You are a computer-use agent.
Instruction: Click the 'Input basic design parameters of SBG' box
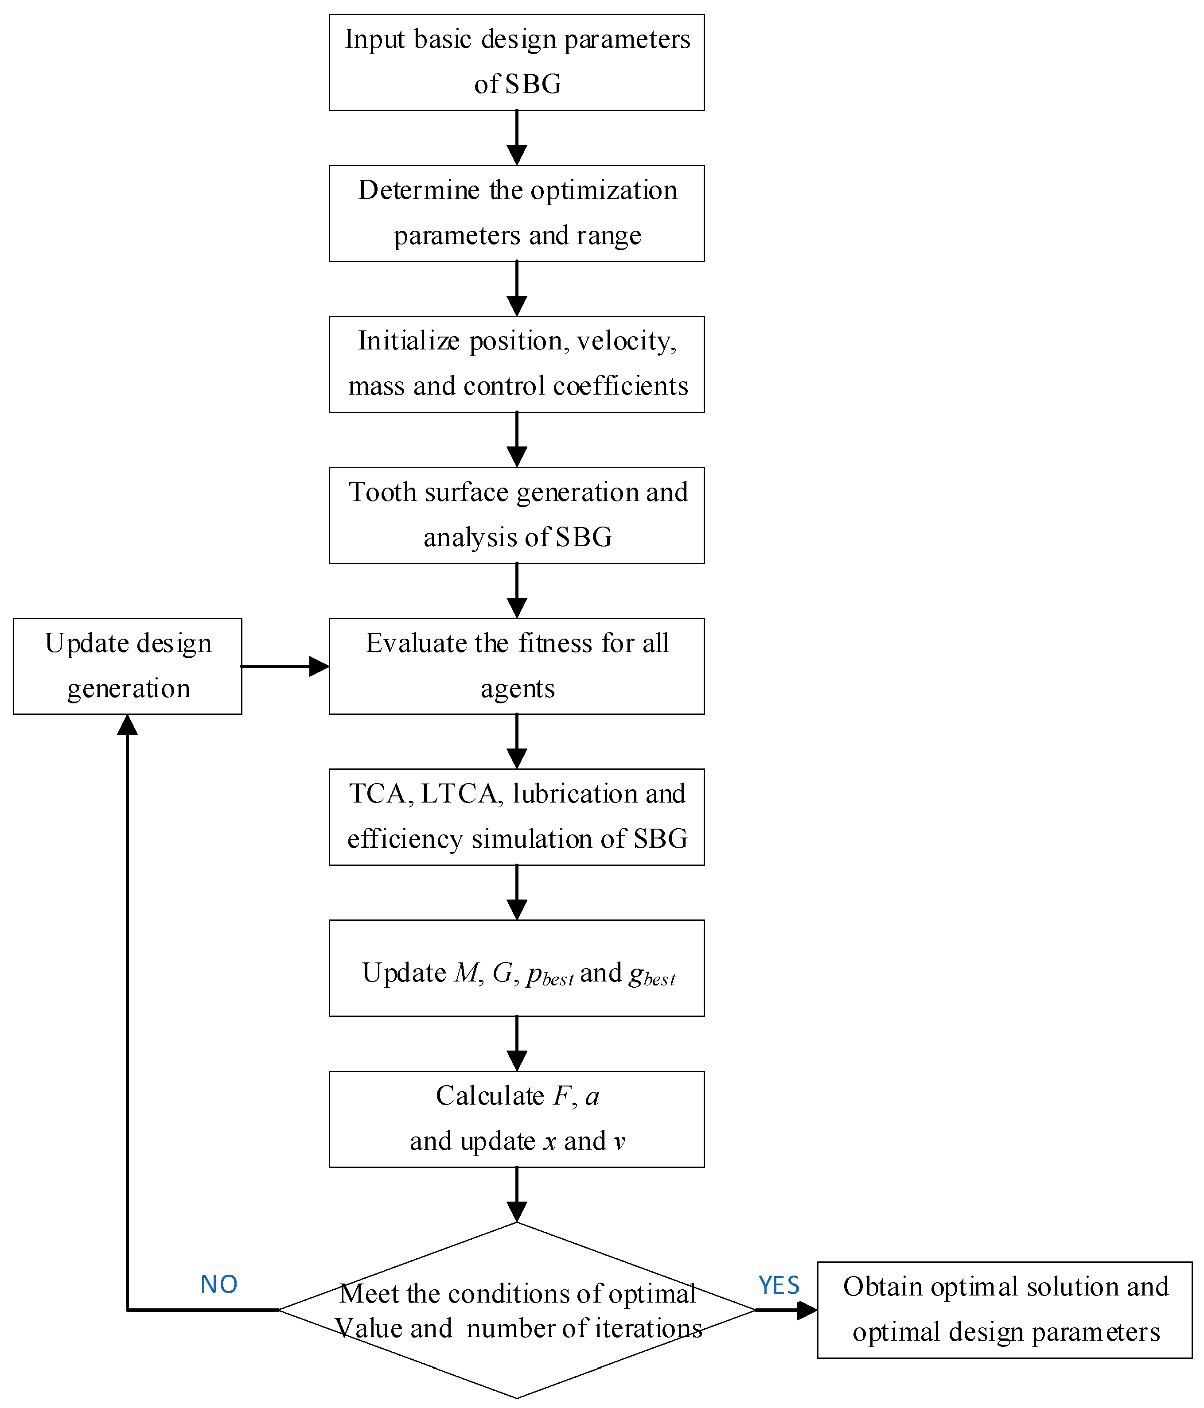[517, 62]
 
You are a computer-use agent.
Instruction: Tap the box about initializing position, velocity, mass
[517, 364]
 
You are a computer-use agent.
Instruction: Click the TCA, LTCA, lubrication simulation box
[517, 816]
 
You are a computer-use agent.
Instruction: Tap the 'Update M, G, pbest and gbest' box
[517, 968]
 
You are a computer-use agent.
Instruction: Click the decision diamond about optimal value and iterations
[517, 1310]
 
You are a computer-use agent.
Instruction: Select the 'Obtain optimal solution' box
[1004, 1310]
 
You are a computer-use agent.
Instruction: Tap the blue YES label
[779, 1284]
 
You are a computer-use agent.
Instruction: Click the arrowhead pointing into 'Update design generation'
[127, 726]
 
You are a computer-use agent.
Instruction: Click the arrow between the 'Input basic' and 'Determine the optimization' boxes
[517, 138]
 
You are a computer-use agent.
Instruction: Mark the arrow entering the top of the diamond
[517, 1195]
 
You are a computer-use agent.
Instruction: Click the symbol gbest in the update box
[651, 974]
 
